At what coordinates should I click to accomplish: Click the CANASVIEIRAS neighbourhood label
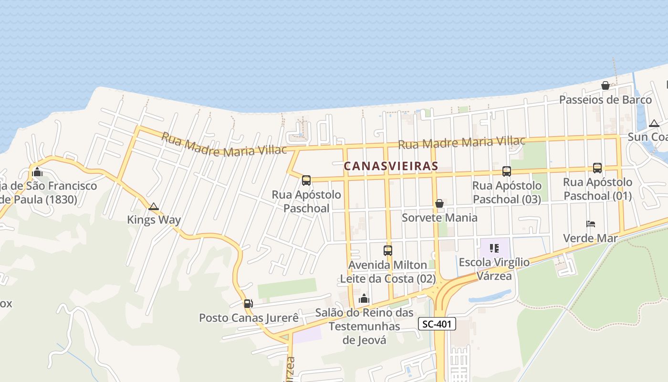391,166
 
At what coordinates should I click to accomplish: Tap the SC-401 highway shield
437,324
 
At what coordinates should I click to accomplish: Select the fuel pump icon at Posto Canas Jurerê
248,303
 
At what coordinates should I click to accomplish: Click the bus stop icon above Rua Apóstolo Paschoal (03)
506,171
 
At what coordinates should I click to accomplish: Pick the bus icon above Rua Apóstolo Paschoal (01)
597,168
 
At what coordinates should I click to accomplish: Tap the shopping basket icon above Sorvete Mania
439,203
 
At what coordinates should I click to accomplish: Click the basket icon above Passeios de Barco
605,85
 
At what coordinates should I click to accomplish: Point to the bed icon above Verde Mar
591,223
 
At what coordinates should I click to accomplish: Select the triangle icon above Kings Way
153,206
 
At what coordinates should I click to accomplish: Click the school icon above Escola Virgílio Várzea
494,248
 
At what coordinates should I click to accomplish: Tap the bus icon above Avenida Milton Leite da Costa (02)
388,250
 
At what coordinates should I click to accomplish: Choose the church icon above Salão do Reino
364,298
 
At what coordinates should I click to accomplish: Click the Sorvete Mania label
439,218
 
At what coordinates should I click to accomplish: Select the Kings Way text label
154,220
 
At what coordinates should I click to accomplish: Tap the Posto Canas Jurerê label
249,318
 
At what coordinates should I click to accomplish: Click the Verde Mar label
590,238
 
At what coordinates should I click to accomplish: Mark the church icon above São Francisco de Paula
37,172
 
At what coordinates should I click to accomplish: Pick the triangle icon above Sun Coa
654,123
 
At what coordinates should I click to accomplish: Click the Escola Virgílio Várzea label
494,269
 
